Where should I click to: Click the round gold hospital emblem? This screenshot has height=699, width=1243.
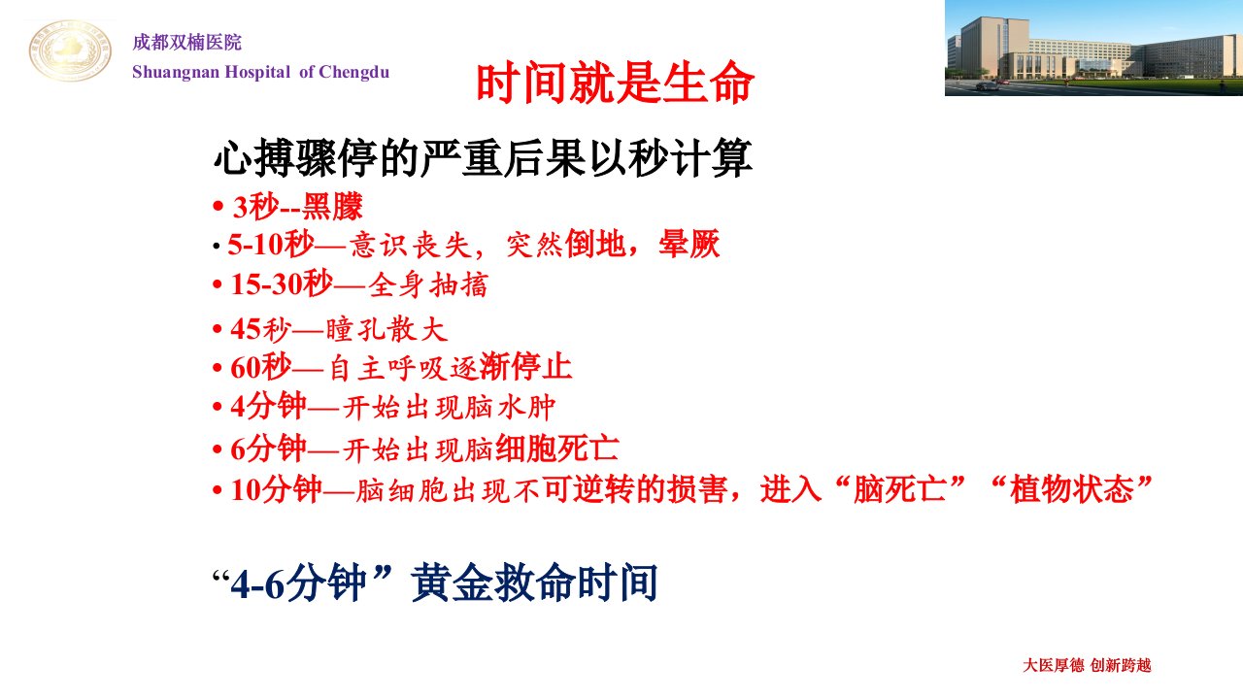pyautogui.click(x=70, y=51)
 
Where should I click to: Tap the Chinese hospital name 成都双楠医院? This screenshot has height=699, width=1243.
pyautogui.click(x=187, y=43)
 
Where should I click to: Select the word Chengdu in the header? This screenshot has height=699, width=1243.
pyautogui.click(x=354, y=72)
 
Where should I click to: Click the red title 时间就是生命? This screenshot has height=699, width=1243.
pyautogui.click(x=615, y=83)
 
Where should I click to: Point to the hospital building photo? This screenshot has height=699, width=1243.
pyautogui.click(x=1093, y=49)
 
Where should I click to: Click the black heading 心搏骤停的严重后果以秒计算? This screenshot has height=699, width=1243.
pyautogui.click(x=483, y=158)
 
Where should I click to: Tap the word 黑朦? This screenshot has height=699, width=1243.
pyautogui.click(x=332, y=207)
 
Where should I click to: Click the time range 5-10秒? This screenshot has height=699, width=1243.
pyautogui.click(x=271, y=245)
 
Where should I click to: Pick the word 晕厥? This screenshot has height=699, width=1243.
pyautogui.click(x=689, y=244)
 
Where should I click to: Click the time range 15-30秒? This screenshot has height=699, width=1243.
pyautogui.click(x=282, y=284)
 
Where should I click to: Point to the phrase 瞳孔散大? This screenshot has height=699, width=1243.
pyautogui.click(x=386, y=329)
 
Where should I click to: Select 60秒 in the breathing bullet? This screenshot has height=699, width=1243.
pyautogui.click(x=261, y=367)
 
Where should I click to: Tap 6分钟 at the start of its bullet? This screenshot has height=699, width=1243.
pyautogui.click(x=269, y=449)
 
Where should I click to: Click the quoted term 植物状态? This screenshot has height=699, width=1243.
pyautogui.click(x=1071, y=489)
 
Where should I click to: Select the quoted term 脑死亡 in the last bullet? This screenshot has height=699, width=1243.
pyautogui.click(x=899, y=489)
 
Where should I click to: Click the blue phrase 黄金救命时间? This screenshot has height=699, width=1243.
pyautogui.click(x=534, y=582)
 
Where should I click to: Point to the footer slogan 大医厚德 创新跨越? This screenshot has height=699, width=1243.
pyautogui.click(x=1087, y=665)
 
